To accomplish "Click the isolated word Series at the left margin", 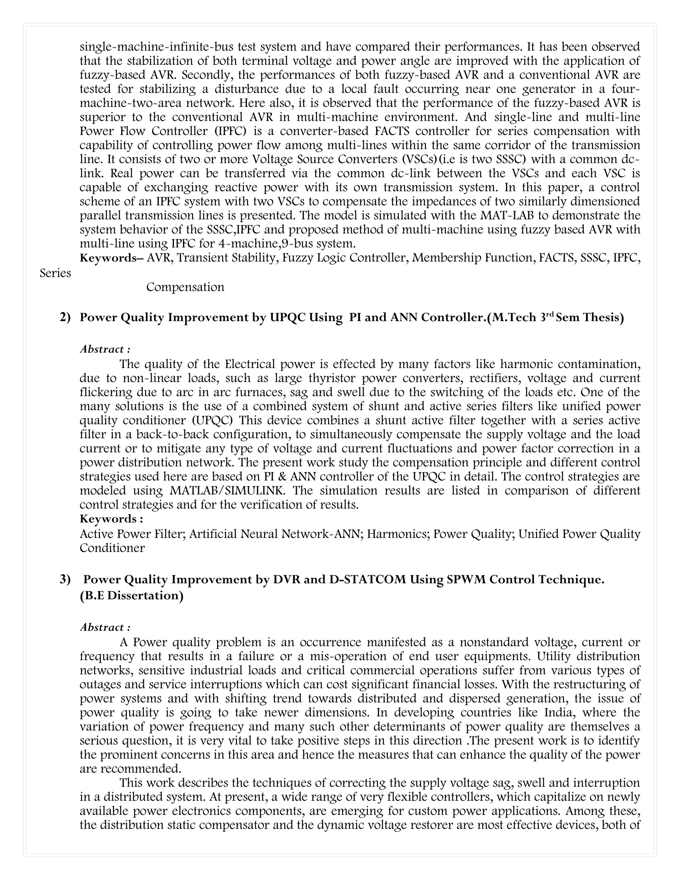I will point(55,273).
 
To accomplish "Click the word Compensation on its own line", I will point(185,287).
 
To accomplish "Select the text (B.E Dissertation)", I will point(131,595).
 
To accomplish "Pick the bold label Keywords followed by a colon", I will point(111,519).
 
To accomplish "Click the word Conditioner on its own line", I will point(112,548).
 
